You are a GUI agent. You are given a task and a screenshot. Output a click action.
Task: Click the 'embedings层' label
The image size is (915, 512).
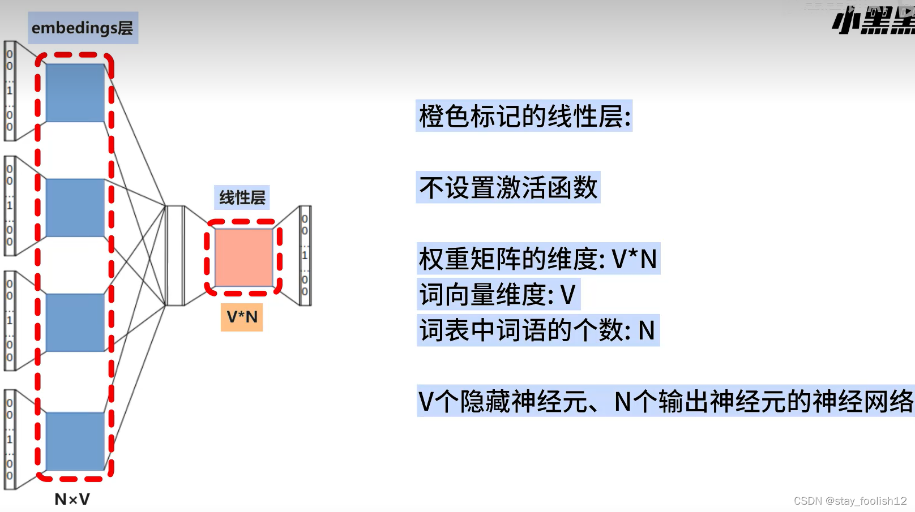pyautogui.click(x=83, y=28)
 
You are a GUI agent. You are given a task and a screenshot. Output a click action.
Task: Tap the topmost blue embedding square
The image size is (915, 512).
pyautogui.click(x=75, y=93)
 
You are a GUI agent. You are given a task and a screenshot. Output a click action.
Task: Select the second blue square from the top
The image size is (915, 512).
pyautogui.click(x=75, y=208)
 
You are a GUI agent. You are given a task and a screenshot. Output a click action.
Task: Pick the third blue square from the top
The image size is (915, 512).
pyautogui.click(x=75, y=322)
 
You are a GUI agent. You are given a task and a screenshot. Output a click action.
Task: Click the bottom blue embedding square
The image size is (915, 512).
pyautogui.click(x=75, y=441)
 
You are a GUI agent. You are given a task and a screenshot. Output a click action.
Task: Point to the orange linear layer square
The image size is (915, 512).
pyautogui.click(x=243, y=257)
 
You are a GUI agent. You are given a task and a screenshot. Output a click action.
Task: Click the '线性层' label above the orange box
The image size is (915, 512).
pyautogui.click(x=242, y=197)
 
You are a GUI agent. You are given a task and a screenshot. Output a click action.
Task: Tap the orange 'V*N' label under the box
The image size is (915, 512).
pyautogui.click(x=242, y=317)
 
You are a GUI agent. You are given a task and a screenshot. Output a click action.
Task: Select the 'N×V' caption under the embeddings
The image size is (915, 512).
pyautogui.click(x=72, y=500)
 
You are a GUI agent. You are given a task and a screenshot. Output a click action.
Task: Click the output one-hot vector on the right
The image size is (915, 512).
pyautogui.click(x=305, y=256)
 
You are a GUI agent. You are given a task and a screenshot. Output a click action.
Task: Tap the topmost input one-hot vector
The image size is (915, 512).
pyautogui.click(x=10, y=91)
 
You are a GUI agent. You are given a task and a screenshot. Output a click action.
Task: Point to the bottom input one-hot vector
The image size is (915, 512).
pyautogui.click(x=10, y=440)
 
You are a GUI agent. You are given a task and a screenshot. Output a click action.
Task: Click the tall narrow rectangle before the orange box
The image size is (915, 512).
pyautogui.click(x=175, y=256)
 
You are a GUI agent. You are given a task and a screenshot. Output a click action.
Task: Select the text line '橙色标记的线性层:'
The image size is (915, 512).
pyautogui.click(x=524, y=117)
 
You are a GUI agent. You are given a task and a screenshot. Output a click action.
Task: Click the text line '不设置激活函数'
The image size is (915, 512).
pyautogui.click(x=508, y=188)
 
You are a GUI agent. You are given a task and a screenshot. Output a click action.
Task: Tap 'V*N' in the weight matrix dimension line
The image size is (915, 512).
pyautogui.click(x=634, y=259)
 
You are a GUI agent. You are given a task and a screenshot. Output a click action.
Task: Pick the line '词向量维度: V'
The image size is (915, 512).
pyautogui.click(x=498, y=295)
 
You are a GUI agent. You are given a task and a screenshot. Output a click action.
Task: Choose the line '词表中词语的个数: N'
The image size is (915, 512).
pyautogui.click(x=537, y=330)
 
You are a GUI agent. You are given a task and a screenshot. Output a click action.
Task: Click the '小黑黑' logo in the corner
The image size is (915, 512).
pyautogui.click(x=873, y=20)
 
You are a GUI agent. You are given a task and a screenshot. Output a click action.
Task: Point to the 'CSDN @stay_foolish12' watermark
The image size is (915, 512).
pyautogui.click(x=850, y=501)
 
